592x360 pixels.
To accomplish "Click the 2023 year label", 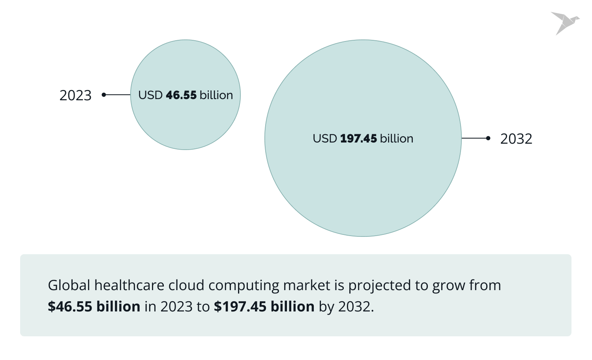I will pyautogui.click(x=75, y=96).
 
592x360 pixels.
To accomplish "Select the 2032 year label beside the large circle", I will pyautogui.click(x=516, y=139).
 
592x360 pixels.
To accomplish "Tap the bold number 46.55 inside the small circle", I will pyautogui.click(x=181, y=95).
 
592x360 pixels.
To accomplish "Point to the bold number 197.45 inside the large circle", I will pyautogui.click(x=358, y=139).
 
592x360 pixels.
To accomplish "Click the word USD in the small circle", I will pyautogui.click(x=150, y=95).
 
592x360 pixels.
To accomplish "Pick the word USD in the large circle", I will pyautogui.click(x=325, y=139).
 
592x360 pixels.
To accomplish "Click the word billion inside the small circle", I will pyautogui.click(x=216, y=95).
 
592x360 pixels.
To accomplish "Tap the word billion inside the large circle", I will pyautogui.click(x=397, y=139).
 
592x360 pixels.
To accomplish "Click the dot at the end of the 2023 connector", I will pyautogui.click(x=104, y=95).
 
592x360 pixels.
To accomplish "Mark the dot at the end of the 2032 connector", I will pyautogui.click(x=488, y=138).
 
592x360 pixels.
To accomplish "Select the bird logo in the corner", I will pyautogui.click(x=565, y=23).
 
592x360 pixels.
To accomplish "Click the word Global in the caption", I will pyautogui.click(x=69, y=285).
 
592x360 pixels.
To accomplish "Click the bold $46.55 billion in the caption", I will pyautogui.click(x=94, y=307).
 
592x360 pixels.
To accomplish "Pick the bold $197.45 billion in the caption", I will pyautogui.click(x=264, y=307).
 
